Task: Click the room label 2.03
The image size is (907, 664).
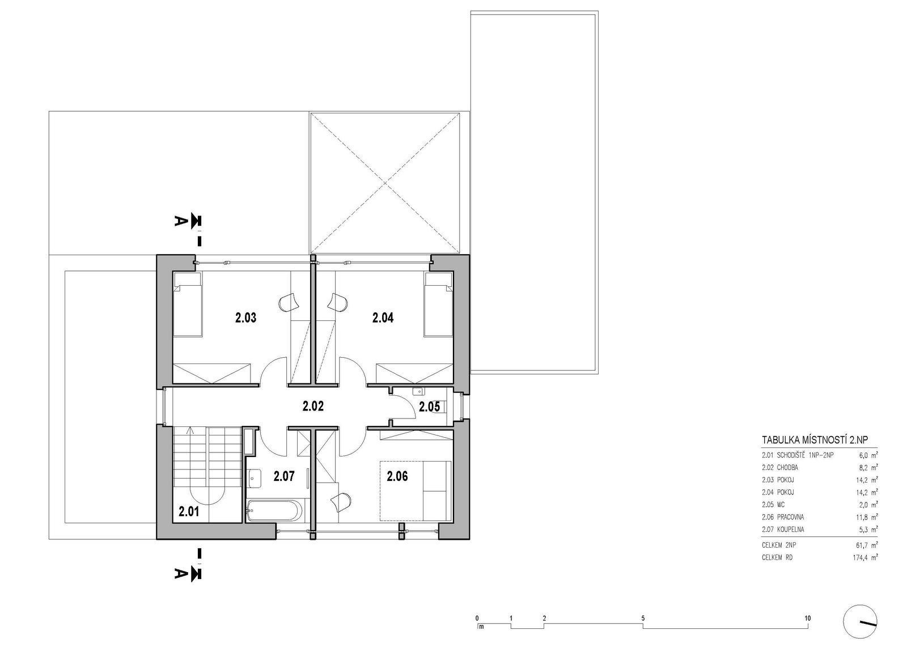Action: (246, 318)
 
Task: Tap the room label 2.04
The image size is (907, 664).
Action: (383, 318)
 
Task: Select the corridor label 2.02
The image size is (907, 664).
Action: (313, 406)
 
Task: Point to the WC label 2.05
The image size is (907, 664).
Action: (429, 407)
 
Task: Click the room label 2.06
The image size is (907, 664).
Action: (397, 476)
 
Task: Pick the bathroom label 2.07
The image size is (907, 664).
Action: (284, 476)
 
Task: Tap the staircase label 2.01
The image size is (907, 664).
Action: (189, 511)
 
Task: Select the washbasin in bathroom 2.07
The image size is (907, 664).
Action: (255, 480)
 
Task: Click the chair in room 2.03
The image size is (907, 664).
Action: (288, 302)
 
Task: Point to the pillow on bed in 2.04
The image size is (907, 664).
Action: (438, 279)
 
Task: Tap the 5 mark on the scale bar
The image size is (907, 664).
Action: (643, 618)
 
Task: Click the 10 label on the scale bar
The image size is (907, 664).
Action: (808, 618)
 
